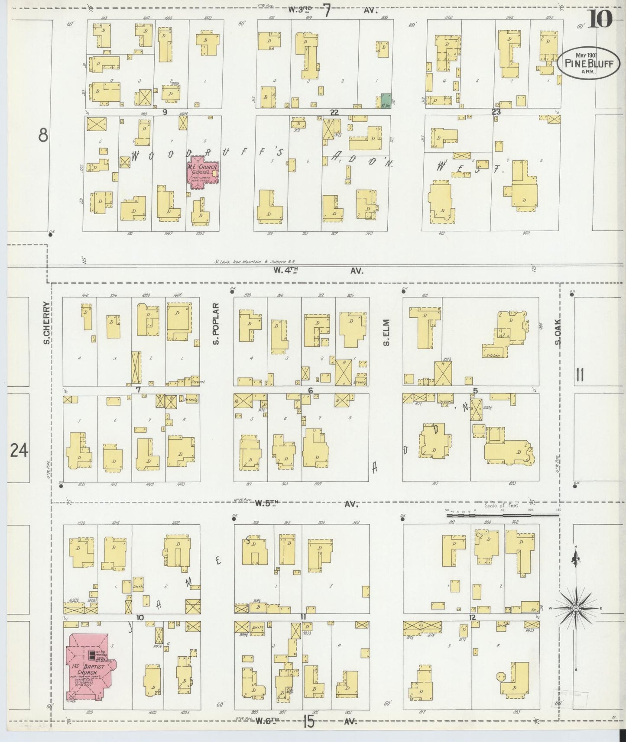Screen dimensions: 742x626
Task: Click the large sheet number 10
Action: (600, 19)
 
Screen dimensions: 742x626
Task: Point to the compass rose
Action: (576, 608)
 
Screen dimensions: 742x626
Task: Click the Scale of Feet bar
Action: (503, 515)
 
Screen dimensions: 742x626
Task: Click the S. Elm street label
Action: (386, 332)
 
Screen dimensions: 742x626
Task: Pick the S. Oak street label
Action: (558, 332)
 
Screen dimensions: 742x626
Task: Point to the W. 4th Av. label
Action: (318, 271)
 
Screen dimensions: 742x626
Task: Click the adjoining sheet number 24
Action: (19, 451)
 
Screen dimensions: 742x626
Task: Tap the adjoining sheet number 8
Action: (42, 136)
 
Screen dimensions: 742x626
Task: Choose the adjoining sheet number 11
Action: (580, 375)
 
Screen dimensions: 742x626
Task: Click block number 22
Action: (334, 113)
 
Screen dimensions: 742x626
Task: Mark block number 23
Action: (496, 112)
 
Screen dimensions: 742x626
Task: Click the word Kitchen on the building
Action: (493, 355)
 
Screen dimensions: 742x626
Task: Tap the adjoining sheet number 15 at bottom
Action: (308, 722)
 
